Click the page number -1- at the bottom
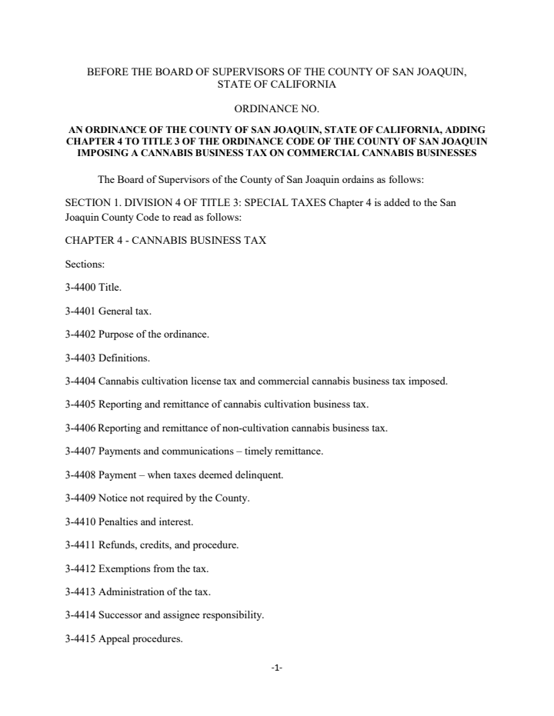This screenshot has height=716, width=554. [277, 668]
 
